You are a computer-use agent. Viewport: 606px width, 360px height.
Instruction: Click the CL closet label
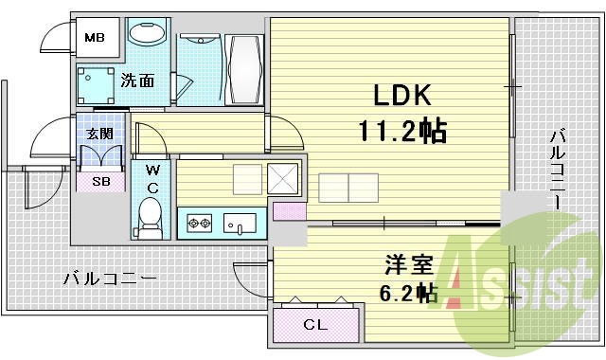(315, 326)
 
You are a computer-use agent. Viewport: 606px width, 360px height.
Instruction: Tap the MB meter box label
(96, 38)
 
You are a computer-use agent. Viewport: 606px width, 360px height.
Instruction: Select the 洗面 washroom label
(138, 81)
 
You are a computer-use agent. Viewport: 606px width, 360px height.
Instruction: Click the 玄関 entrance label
(99, 134)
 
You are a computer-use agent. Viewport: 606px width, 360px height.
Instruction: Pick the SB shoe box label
(100, 181)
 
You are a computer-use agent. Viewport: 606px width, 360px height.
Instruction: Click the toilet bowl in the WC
(151, 217)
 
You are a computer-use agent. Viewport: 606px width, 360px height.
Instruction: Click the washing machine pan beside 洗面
(96, 84)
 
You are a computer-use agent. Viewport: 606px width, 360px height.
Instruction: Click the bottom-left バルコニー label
(110, 278)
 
